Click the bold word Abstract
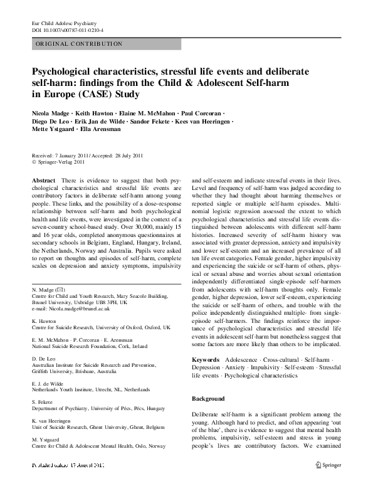43,180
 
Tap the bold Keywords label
206,359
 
